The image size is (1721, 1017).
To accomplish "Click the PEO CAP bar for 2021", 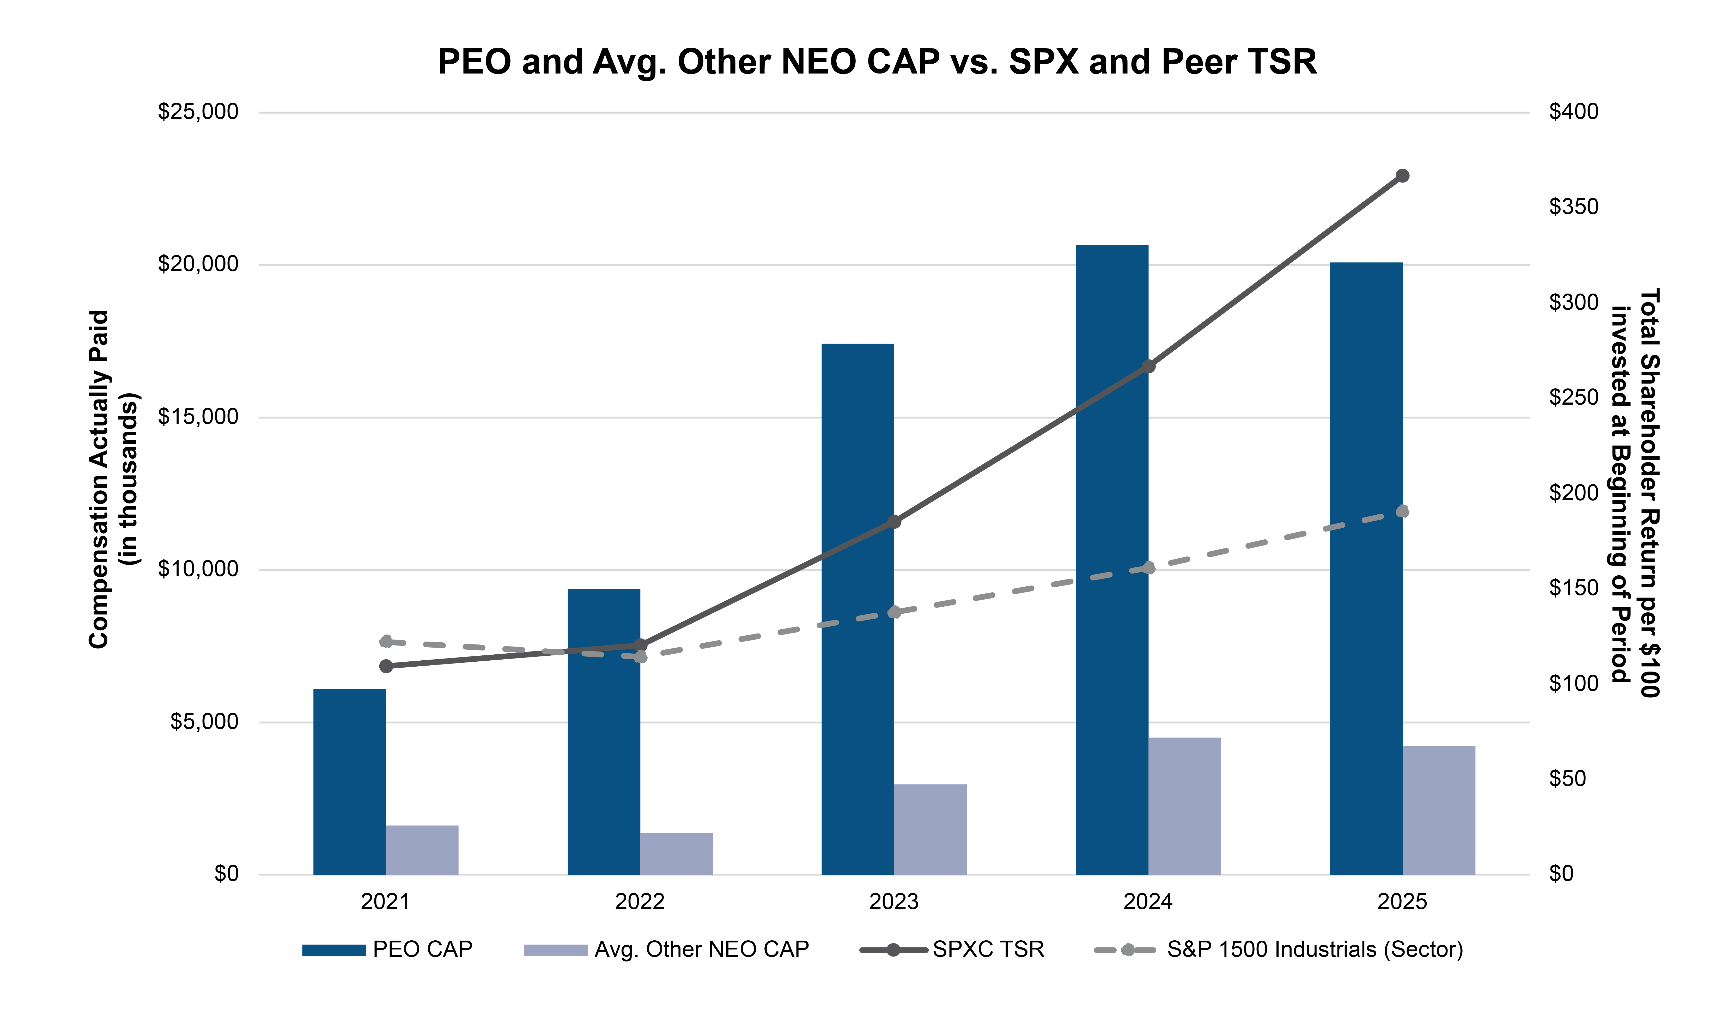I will pyautogui.click(x=350, y=781).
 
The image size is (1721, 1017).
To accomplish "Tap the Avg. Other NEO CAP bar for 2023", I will pyautogui.click(x=930, y=829).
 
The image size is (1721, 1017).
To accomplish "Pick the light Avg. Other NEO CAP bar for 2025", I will pyautogui.click(x=1439, y=810).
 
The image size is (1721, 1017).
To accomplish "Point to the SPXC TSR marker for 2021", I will pyautogui.click(x=386, y=666).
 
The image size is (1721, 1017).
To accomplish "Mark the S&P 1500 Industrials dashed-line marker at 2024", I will pyautogui.click(x=1149, y=568).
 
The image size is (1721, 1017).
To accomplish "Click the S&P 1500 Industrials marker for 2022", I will pyautogui.click(x=640, y=656).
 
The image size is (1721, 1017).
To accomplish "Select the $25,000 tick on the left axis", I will pyautogui.click(x=198, y=112).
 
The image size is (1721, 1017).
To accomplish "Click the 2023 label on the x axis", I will pyautogui.click(x=894, y=902).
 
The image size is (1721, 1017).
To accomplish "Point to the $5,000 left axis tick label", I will pyautogui.click(x=204, y=722).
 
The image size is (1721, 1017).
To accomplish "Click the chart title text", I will pyautogui.click(x=877, y=62).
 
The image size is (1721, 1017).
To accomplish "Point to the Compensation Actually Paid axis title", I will pyautogui.click(x=113, y=480).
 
